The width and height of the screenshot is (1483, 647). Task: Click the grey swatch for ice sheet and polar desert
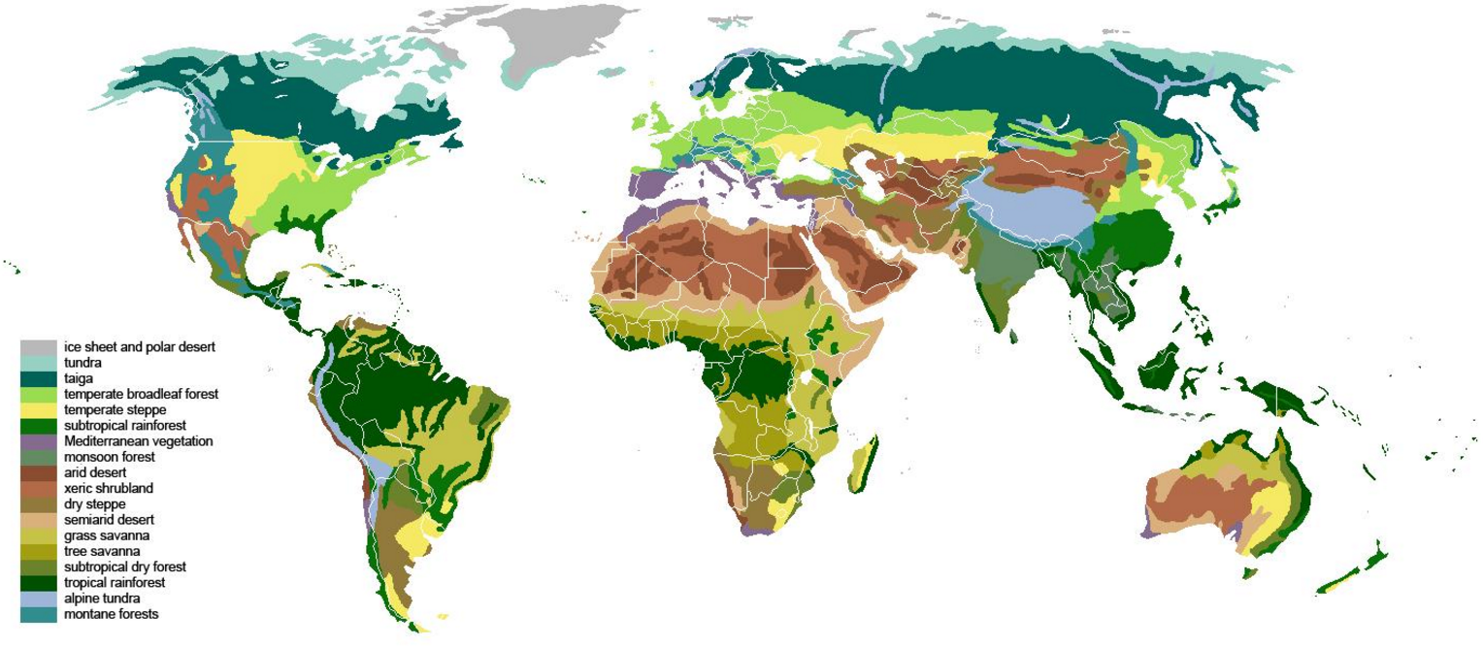(x=38, y=346)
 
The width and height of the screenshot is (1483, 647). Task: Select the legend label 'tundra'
(x=82, y=363)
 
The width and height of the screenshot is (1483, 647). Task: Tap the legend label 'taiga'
(x=78, y=378)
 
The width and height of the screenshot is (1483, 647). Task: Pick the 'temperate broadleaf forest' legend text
(x=141, y=394)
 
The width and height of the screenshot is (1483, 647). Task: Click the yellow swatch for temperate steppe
(x=38, y=409)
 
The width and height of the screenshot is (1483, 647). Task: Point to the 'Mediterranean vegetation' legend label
(x=138, y=441)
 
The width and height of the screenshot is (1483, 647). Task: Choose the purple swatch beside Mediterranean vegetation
(x=38, y=441)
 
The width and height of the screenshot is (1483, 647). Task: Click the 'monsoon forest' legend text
(x=109, y=457)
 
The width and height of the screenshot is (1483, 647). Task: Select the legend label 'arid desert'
(x=95, y=472)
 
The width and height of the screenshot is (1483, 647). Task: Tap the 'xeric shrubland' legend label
(x=109, y=488)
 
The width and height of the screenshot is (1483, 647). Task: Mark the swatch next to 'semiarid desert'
(x=38, y=520)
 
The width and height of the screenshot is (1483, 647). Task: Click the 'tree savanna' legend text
(x=100, y=551)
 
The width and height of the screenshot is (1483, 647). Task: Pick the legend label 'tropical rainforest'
(x=114, y=582)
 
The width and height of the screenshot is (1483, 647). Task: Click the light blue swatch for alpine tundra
(x=38, y=598)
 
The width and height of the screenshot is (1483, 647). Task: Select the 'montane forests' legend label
(x=111, y=614)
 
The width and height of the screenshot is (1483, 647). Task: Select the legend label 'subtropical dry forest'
(x=124, y=566)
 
